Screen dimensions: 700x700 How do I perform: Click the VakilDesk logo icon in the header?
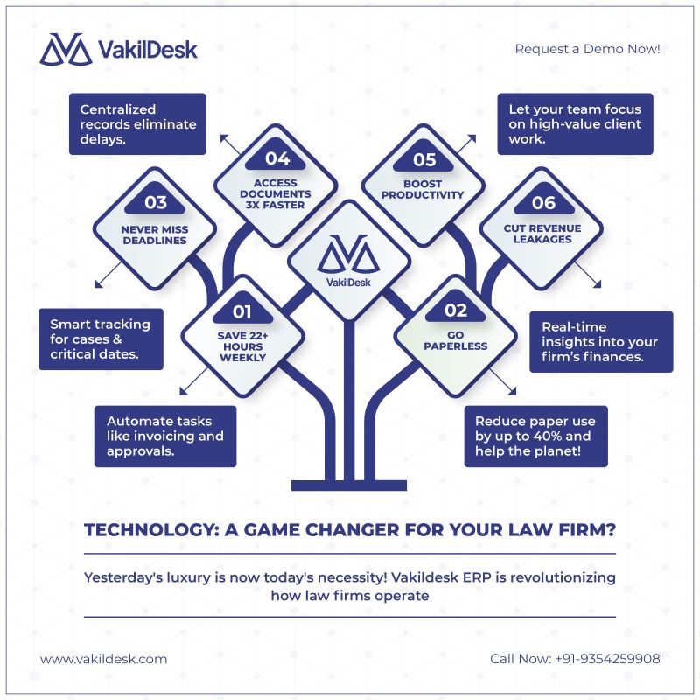(66, 49)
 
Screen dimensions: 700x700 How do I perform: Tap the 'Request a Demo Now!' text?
(587, 49)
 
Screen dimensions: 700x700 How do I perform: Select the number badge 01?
(242, 311)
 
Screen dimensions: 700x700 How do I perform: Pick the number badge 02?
(456, 310)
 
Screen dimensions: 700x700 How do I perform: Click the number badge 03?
(156, 203)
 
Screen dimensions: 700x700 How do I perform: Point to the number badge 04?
(277, 158)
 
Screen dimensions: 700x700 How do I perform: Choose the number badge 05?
(423, 159)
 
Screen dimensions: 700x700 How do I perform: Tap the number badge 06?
(543, 203)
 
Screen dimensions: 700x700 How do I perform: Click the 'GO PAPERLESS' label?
(455, 340)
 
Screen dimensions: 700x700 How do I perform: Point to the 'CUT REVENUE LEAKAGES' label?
(542, 234)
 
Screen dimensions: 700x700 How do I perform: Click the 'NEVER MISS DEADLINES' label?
(156, 234)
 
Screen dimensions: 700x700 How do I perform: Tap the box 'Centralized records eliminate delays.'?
(137, 124)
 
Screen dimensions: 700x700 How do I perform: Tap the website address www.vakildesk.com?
(103, 659)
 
